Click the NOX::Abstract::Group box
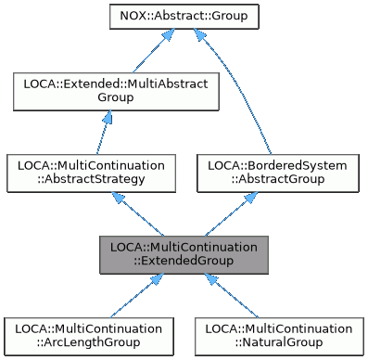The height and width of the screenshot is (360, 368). [x=184, y=16]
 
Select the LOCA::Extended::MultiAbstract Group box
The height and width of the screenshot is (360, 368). [x=115, y=90]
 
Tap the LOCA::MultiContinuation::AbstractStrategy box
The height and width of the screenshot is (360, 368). [x=91, y=173]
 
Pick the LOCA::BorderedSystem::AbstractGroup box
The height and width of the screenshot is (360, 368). [x=277, y=173]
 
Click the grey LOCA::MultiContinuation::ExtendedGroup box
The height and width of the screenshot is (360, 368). [x=184, y=254]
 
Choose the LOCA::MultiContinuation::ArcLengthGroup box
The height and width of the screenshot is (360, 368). [x=88, y=336]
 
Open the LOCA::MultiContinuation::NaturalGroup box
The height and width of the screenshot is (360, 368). [x=279, y=336]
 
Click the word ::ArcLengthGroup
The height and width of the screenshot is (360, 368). [x=88, y=343]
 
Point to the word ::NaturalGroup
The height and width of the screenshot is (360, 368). [x=279, y=343]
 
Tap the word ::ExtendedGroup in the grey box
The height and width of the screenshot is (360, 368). [x=184, y=262]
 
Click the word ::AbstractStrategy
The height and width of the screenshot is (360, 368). [x=91, y=180]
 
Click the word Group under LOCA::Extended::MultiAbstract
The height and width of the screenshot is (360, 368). [x=115, y=97]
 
